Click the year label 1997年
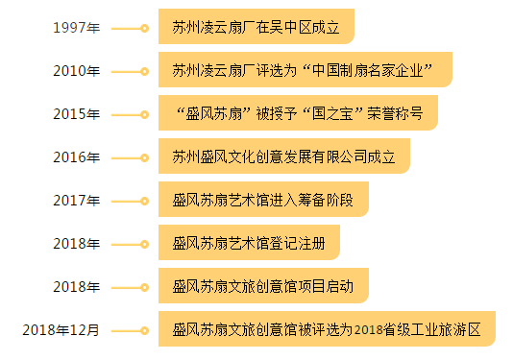tap(76, 28)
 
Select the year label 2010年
tap(76, 71)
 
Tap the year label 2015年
tap(76, 114)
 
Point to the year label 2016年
tap(76, 157)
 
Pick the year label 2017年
tap(76, 201)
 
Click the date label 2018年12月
tap(61, 330)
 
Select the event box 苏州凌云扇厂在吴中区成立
tap(256, 27)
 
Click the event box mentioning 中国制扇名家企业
tap(304, 70)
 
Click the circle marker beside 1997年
tap(144, 28)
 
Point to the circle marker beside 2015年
tap(144, 114)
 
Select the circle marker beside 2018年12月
tap(144, 330)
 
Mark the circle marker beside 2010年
tap(144, 71)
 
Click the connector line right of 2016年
tap(126, 157)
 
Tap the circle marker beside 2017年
tap(144, 201)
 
